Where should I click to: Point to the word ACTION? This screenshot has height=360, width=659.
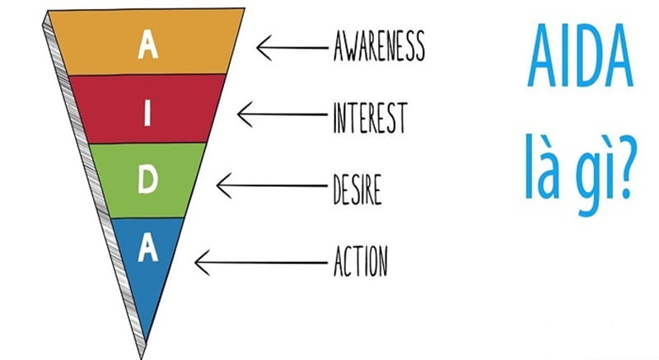360,261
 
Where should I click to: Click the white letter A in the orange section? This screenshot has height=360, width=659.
148,46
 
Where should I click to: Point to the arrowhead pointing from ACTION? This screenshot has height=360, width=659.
199,263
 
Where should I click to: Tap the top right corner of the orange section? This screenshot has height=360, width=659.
242,12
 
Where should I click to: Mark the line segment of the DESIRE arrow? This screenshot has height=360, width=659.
272,187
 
